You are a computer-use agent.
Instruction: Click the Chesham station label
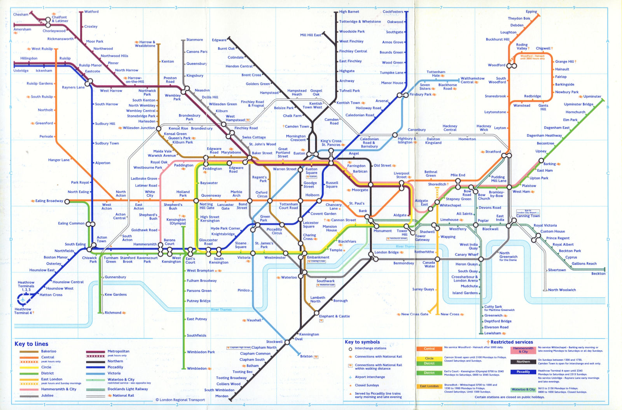(21, 14)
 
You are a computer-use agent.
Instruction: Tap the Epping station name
(531, 12)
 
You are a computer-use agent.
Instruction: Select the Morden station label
(222, 396)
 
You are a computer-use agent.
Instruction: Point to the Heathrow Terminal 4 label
(23, 311)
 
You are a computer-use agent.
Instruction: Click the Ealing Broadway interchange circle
(67, 201)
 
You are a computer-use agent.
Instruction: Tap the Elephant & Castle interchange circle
(316, 312)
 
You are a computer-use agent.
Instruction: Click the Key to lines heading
(31, 344)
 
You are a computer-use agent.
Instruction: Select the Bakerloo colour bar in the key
(29, 351)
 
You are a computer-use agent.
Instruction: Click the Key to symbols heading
(362, 342)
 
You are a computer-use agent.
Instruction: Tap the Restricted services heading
(512, 342)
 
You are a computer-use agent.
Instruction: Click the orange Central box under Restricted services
(429, 349)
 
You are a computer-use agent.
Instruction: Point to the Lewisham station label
(493, 333)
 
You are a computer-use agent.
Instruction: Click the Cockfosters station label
(393, 12)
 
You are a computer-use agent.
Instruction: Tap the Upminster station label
(592, 96)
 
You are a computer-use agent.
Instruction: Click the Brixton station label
(306, 356)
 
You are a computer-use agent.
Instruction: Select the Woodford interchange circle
(512, 66)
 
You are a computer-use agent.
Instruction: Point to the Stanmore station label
(194, 40)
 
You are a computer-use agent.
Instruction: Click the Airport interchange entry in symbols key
(370, 377)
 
